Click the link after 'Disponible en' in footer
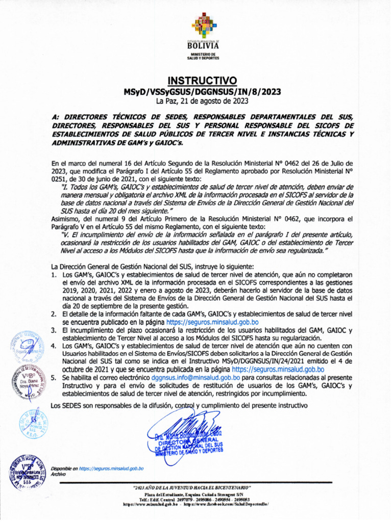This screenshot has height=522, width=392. [111, 468]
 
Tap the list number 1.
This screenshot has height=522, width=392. [55, 275]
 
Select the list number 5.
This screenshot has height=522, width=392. [55, 378]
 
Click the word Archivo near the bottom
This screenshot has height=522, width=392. [59, 474]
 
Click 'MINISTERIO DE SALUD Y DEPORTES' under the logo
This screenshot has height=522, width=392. [203, 56]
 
